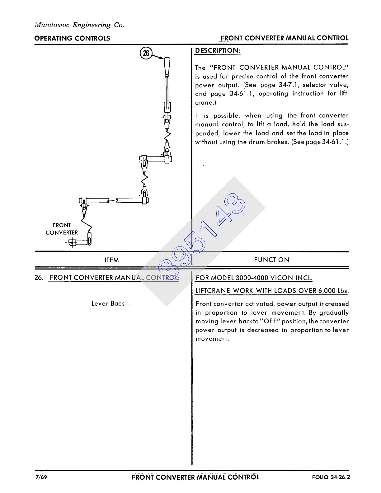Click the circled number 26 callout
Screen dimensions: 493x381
(146, 53)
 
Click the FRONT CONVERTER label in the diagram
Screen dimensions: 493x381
(62, 229)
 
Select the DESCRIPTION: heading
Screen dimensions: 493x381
(218, 51)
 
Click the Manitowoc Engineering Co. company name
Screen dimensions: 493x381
(79, 25)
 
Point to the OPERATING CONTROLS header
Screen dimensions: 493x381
(72, 38)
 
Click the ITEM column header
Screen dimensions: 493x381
(112, 260)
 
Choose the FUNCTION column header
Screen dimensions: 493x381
(271, 260)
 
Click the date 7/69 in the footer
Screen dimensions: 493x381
(41, 477)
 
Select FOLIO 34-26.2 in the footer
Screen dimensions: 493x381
(331, 477)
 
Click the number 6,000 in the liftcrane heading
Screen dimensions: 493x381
(327, 291)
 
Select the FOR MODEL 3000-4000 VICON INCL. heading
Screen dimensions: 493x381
(254, 278)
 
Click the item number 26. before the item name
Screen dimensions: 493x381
(39, 278)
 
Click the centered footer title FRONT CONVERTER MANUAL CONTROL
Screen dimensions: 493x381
(195, 477)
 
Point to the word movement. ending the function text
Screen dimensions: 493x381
(212, 339)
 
